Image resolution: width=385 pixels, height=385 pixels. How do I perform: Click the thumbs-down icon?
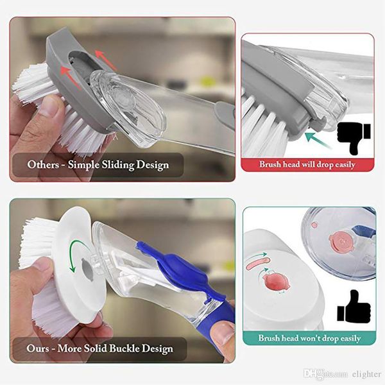353,138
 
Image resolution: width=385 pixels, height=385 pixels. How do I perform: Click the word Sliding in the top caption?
118,165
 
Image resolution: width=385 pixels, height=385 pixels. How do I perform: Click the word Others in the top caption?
44,164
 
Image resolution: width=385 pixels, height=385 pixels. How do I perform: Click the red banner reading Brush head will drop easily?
307,164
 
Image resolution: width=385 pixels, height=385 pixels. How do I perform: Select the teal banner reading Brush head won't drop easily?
309,338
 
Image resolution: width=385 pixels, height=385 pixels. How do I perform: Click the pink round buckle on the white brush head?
276,282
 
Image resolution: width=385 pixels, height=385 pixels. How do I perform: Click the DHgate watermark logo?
325,374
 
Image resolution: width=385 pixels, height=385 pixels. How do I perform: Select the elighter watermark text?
366,374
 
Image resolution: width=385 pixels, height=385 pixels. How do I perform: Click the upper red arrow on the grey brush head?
105,60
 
